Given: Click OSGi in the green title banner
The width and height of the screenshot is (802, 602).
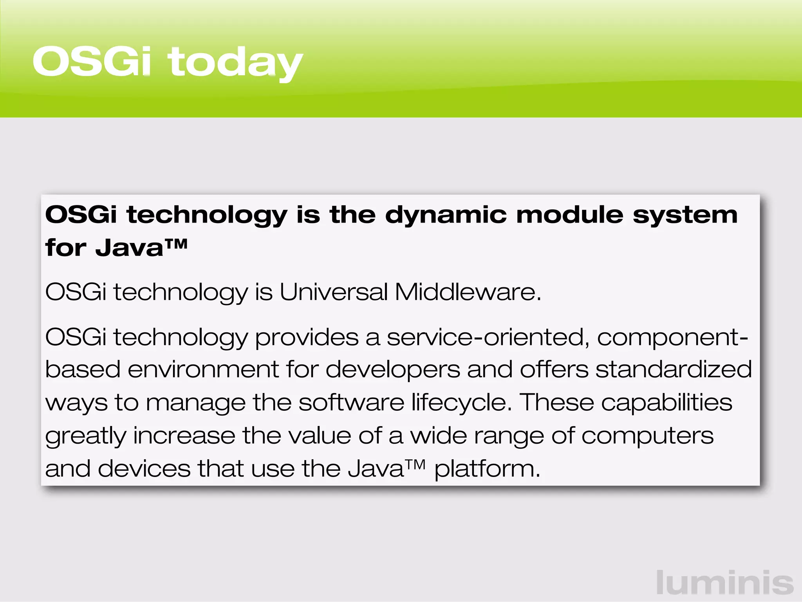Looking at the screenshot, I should [x=92, y=62].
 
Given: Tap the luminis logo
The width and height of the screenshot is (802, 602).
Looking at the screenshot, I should [x=725, y=583].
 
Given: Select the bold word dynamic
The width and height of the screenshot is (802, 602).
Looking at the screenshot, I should [x=446, y=216].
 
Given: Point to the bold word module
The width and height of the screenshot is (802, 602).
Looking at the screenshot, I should [x=570, y=215].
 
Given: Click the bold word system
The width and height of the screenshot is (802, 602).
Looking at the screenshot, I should [x=685, y=216].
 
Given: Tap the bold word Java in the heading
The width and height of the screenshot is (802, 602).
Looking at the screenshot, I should [x=129, y=248].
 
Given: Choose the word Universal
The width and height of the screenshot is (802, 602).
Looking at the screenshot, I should [x=333, y=292].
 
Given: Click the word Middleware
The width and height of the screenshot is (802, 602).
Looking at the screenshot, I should [x=468, y=292].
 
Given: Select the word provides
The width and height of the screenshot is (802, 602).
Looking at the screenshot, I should [x=307, y=338].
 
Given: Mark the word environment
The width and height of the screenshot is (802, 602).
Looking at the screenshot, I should [x=203, y=370].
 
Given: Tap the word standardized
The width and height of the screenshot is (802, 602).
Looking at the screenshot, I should [x=674, y=370].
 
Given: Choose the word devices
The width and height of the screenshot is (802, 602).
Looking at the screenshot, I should [x=144, y=468].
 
